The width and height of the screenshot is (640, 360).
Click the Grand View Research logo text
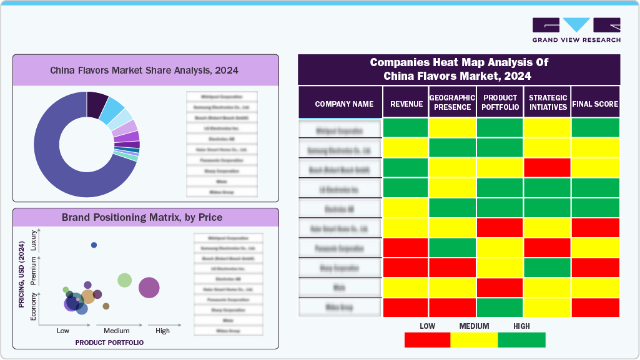(576, 40)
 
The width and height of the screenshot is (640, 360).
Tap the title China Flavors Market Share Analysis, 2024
(144, 71)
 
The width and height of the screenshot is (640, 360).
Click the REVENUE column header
(406, 104)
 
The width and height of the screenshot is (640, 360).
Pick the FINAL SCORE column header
(595, 104)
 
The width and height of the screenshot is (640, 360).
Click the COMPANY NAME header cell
(344, 104)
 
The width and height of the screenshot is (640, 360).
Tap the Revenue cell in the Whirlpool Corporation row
(405, 128)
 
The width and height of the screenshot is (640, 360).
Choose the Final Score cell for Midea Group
(595, 308)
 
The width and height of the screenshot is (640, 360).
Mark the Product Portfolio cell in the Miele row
(500, 288)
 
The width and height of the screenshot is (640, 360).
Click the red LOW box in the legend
(427, 340)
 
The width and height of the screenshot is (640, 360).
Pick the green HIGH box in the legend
(522, 340)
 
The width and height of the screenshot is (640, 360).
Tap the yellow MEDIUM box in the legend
(474, 340)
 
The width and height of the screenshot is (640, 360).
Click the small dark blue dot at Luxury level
(94, 245)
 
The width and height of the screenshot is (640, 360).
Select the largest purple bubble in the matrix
(149, 288)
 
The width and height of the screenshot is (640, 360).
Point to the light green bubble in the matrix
(125, 280)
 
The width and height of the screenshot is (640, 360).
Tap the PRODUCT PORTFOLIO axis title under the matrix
(109, 343)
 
